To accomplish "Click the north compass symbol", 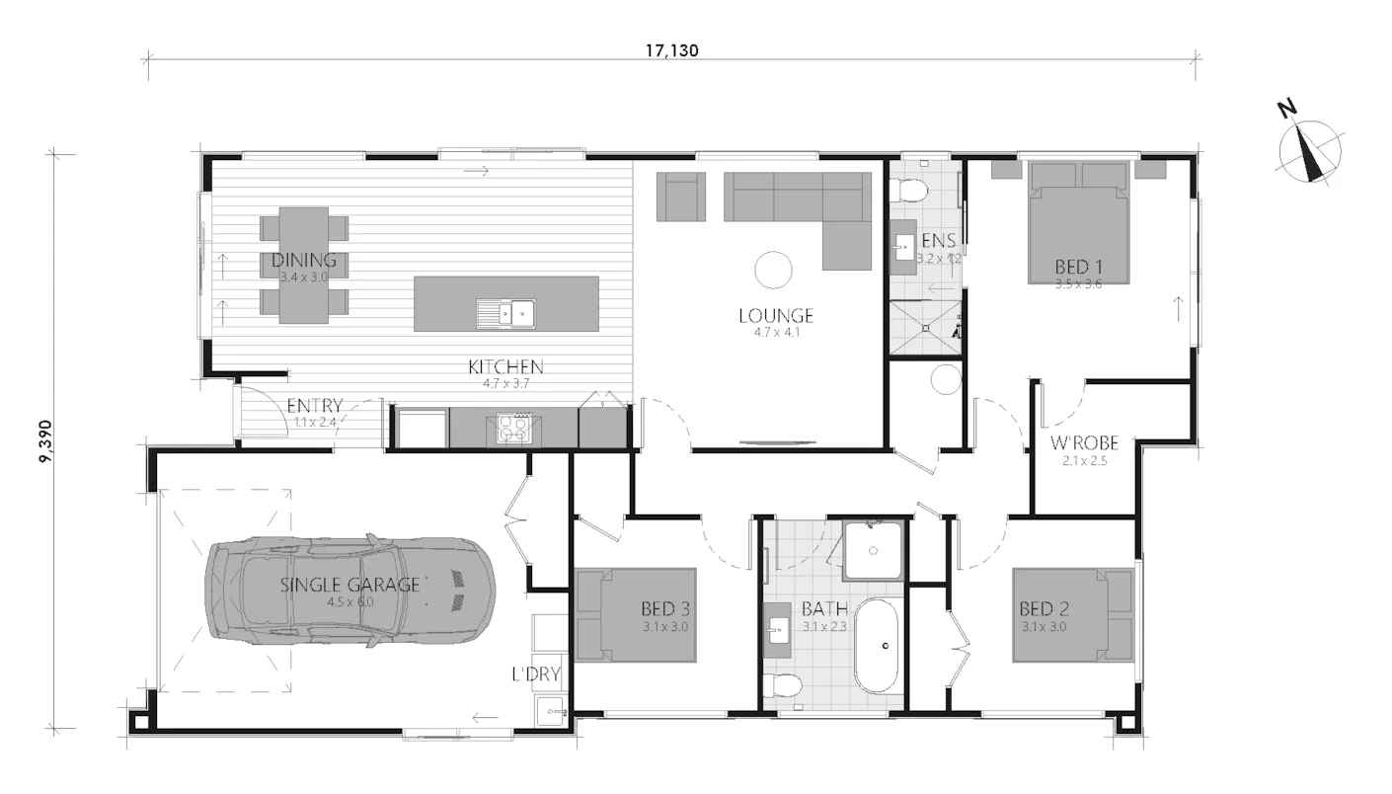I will [x=1309, y=151].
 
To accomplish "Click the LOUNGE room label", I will [x=776, y=316].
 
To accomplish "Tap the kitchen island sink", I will [x=506, y=313].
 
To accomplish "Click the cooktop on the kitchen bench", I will [x=512, y=428].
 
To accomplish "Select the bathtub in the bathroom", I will [x=877, y=647].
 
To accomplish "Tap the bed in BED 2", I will [x=1072, y=614].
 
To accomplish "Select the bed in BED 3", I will [x=637, y=614].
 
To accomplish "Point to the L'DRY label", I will [x=536, y=675].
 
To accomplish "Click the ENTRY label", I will [x=314, y=406].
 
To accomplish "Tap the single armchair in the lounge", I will [x=681, y=197].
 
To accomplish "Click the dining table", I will [x=304, y=264].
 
